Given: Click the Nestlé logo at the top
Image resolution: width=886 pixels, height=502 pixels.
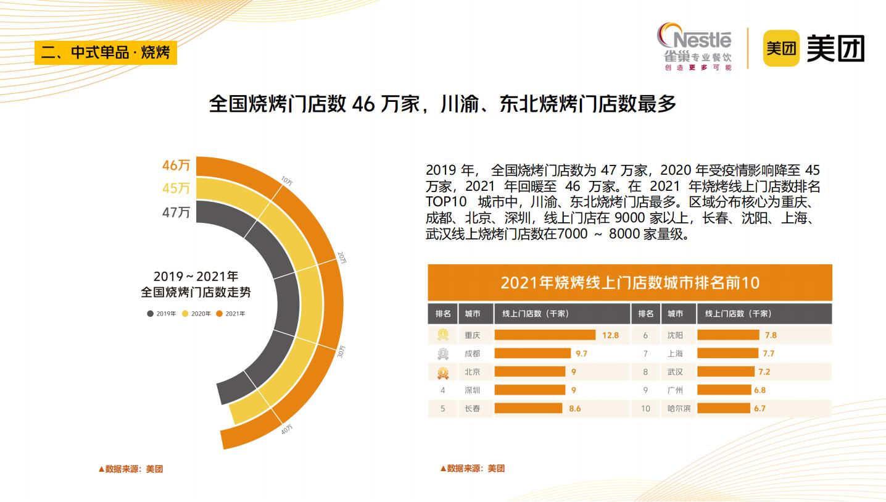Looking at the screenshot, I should coord(694,48).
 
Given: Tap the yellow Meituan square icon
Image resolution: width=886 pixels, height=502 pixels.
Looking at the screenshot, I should coord(781,48).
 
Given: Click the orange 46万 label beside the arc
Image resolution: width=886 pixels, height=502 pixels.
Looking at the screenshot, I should coord(176,165).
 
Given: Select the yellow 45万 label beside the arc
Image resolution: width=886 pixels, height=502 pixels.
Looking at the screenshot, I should coord(176,188).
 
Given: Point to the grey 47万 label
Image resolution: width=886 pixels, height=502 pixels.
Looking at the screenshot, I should coord(176,212).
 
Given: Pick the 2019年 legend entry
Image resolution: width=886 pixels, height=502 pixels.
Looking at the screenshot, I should coord(162,314).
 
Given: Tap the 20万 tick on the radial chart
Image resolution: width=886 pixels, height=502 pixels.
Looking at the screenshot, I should coord(341,257).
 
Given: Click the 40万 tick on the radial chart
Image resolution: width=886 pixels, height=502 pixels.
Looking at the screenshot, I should coord(287,428).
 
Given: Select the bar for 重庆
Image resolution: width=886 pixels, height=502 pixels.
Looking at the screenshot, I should coord(545,335).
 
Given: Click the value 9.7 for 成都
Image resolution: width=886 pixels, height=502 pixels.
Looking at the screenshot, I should coord(581,354).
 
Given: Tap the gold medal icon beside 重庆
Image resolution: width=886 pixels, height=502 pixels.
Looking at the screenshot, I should coord(443,335).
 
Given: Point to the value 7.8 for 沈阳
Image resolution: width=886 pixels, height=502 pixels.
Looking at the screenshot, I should coord(770,335).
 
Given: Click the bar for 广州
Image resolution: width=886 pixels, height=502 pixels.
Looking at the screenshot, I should coord(723,390).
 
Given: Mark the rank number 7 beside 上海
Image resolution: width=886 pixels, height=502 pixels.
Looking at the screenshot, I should coord(645,354).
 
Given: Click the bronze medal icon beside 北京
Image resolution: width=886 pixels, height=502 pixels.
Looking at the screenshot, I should coord(443,372).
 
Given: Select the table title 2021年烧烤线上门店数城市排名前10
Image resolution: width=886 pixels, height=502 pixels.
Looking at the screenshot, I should coord(629,283).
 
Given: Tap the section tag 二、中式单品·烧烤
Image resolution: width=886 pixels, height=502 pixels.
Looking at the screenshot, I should coord(106,52).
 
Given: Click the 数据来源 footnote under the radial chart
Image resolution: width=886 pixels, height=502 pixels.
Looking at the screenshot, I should coord(131,469).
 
